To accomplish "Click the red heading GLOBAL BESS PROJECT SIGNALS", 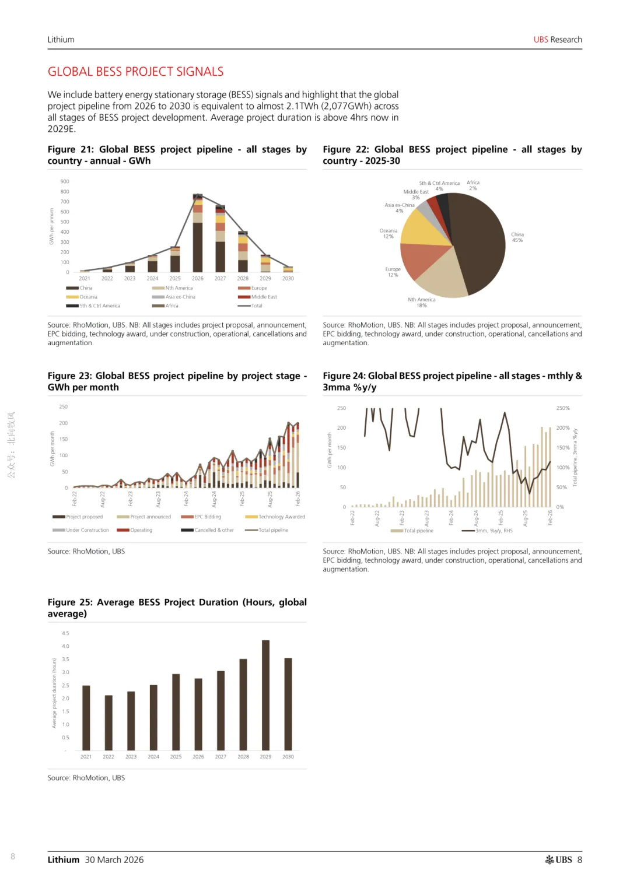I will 135,72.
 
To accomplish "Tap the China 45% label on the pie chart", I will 517,237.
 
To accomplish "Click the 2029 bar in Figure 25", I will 265,695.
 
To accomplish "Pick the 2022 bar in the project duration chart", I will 108,722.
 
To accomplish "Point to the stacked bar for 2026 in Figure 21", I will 198,233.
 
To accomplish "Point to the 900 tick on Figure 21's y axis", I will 65,181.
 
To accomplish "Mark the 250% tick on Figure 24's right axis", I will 563,408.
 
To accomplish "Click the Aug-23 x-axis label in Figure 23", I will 158,499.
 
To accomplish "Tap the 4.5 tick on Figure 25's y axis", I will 65,633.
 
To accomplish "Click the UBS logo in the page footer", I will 558,860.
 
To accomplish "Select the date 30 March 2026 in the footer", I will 114,860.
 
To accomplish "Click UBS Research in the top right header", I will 558,40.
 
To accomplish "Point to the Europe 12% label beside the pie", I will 393,272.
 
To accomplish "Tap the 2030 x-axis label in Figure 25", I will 288,757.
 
